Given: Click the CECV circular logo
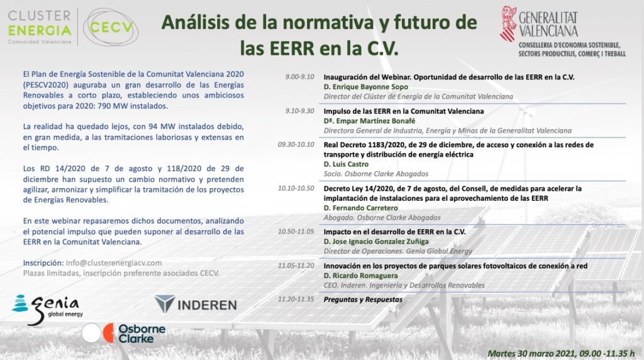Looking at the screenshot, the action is pos(111,28).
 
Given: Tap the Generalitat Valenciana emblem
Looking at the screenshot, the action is pos(508,23).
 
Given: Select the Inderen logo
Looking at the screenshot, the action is pos(196,305).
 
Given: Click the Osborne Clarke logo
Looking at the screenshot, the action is pos(124,334).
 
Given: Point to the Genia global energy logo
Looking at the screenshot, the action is pos(47,309).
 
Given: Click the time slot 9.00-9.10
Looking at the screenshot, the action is pos(300,77).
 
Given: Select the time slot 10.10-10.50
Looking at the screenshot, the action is pos(296,188).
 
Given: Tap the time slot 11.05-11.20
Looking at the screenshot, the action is pos(296,266).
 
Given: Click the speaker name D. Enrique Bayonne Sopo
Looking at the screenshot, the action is pos(366,87).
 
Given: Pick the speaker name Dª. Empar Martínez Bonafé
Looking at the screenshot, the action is pos(369,121).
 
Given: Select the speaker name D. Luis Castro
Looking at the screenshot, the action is pos(346,164).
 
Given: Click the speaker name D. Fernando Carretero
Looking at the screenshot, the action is pos(360,208).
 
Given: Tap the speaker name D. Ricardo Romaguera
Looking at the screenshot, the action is pos(360,276).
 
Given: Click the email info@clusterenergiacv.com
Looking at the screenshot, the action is pos(114,263).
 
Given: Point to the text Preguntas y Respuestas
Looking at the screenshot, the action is pos(363,300).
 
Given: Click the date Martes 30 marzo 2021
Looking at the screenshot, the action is pos(531,354).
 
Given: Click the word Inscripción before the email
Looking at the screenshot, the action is pos(43,263).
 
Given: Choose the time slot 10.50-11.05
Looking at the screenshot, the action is pos(296,232).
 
